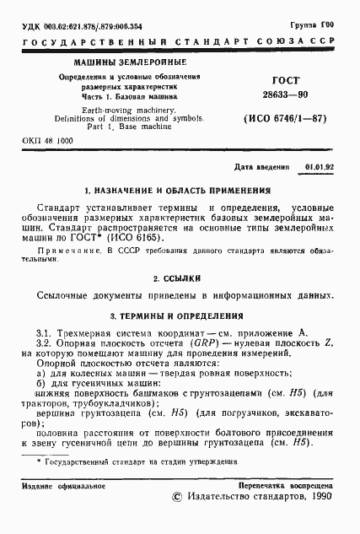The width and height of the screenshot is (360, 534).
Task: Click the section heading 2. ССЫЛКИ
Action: pyautogui.click(x=179, y=277)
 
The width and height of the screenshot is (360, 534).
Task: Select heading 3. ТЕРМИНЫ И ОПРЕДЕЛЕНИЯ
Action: pyautogui.click(x=179, y=315)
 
